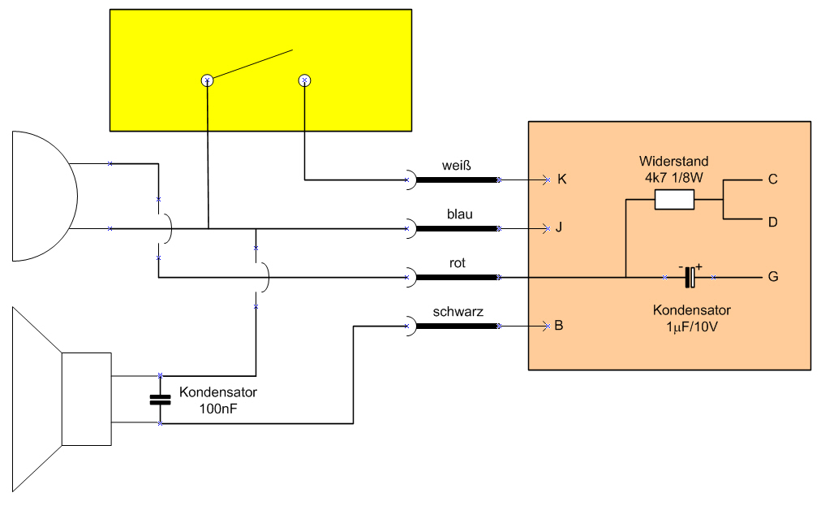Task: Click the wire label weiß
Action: click(457, 166)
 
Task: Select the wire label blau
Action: click(460, 214)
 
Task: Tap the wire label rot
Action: click(457, 262)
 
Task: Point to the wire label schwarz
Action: click(458, 311)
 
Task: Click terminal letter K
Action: click(562, 179)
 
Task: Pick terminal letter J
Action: click(559, 227)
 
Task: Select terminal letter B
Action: click(559, 326)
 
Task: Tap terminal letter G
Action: click(773, 276)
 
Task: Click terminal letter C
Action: click(773, 179)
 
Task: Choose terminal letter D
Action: click(773, 223)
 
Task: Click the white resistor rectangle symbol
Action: click(674, 200)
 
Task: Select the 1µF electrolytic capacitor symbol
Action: click(690, 277)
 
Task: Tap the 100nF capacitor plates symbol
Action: click(160, 400)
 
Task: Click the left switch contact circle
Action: click(208, 80)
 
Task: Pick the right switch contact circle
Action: click(305, 80)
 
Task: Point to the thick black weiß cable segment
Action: click(457, 179)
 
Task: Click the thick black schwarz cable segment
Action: click(457, 327)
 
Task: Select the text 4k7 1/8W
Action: click(674, 178)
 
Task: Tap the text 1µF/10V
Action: click(692, 327)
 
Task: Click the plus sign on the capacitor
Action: click(699, 267)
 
